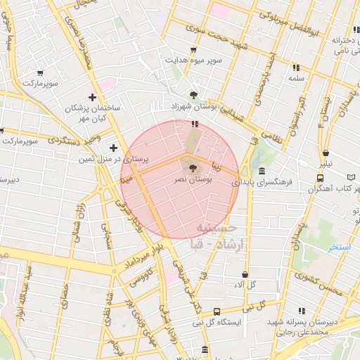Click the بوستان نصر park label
point(192,181)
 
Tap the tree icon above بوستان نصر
point(192,168)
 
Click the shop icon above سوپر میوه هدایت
point(193,50)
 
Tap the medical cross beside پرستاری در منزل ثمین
point(113,148)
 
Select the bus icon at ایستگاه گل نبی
point(217,311)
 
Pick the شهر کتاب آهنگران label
point(324,188)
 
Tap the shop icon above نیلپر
point(326,153)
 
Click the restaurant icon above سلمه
point(295,67)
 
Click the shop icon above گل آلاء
point(245,275)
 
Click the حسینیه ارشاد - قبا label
point(220,237)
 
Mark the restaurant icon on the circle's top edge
point(194,124)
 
